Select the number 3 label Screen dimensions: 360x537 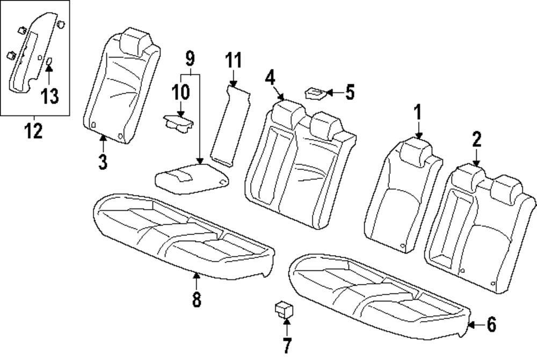(103, 161)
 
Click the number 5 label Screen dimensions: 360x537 (350, 92)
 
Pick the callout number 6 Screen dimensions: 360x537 (491, 325)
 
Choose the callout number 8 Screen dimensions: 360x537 (197, 299)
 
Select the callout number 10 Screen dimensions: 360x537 (181, 92)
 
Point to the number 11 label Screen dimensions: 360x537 (233, 60)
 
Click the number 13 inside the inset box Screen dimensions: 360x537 (49, 97)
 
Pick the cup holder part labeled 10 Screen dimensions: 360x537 (179, 124)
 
